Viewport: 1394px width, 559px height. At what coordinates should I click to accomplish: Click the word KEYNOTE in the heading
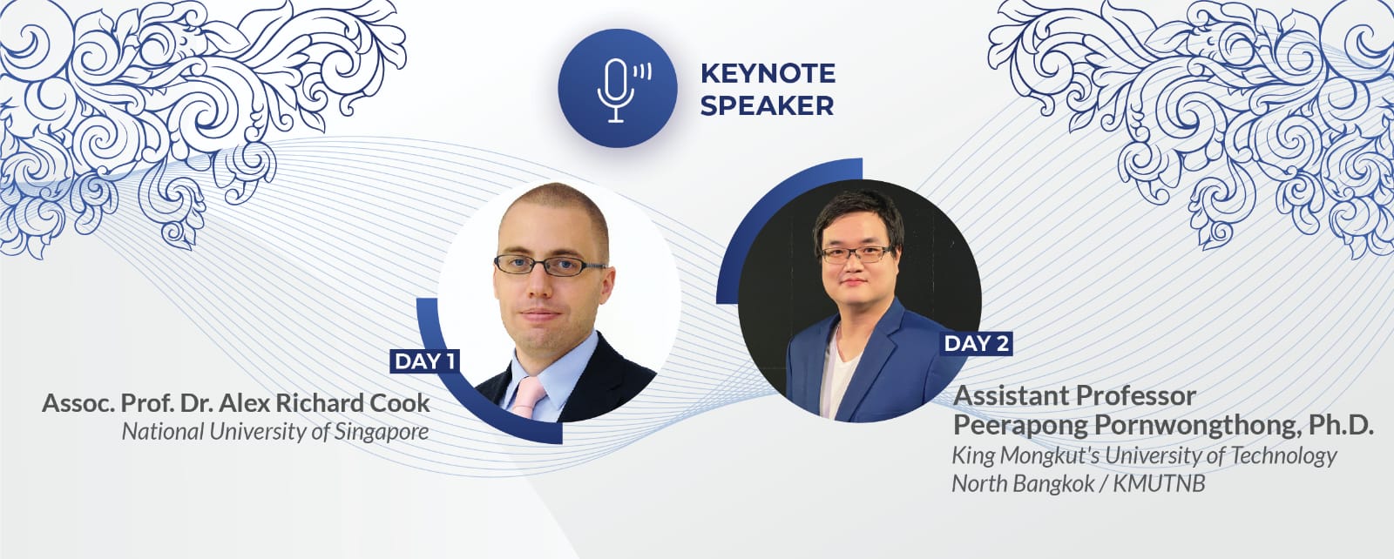[768, 73]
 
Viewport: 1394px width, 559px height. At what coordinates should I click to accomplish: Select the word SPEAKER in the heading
[767, 105]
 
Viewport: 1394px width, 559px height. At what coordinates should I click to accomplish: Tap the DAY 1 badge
[425, 361]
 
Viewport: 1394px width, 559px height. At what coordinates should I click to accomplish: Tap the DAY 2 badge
[977, 343]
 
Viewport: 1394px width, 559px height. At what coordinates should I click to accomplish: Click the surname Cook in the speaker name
[400, 403]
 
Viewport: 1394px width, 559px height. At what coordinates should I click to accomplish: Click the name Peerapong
[1020, 426]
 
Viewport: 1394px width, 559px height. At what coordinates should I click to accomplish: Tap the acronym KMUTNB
[1159, 484]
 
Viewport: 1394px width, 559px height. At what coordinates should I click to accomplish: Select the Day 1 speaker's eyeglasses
[550, 266]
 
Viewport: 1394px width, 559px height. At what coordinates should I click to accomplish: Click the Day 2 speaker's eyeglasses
[857, 254]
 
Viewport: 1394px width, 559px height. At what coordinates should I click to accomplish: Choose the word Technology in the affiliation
[1283, 456]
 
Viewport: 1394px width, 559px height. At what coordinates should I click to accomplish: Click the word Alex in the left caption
[245, 403]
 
